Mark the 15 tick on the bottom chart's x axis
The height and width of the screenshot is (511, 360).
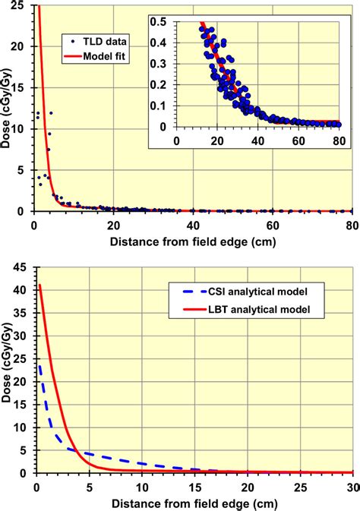[x=194, y=486]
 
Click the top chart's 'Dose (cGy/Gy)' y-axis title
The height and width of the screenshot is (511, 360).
[x=7, y=109]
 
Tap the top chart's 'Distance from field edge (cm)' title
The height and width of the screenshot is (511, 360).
[x=193, y=241]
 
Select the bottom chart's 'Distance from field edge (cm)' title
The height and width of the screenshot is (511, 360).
[x=193, y=503]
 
